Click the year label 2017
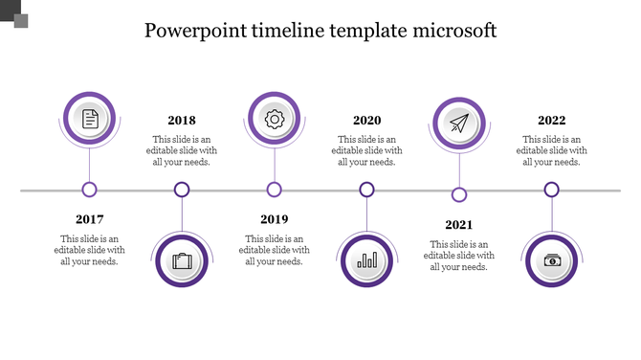[x=90, y=219]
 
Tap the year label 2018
[x=182, y=121]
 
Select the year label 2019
[x=275, y=219]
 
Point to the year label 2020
[x=366, y=121]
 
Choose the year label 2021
[x=459, y=225]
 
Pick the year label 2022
[x=551, y=121]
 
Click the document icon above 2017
[x=90, y=119]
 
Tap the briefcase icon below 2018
[x=182, y=260]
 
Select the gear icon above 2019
[x=275, y=119]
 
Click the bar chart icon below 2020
[x=366, y=260]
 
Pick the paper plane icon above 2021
[x=459, y=124]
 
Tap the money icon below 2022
[x=552, y=260]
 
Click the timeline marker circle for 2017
[x=90, y=190]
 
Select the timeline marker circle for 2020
[x=366, y=190]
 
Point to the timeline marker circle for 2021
[x=459, y=194]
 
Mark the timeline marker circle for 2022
[x=551, y=190]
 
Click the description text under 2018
[x=182, y=150]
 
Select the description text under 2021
[x=459, y=255]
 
